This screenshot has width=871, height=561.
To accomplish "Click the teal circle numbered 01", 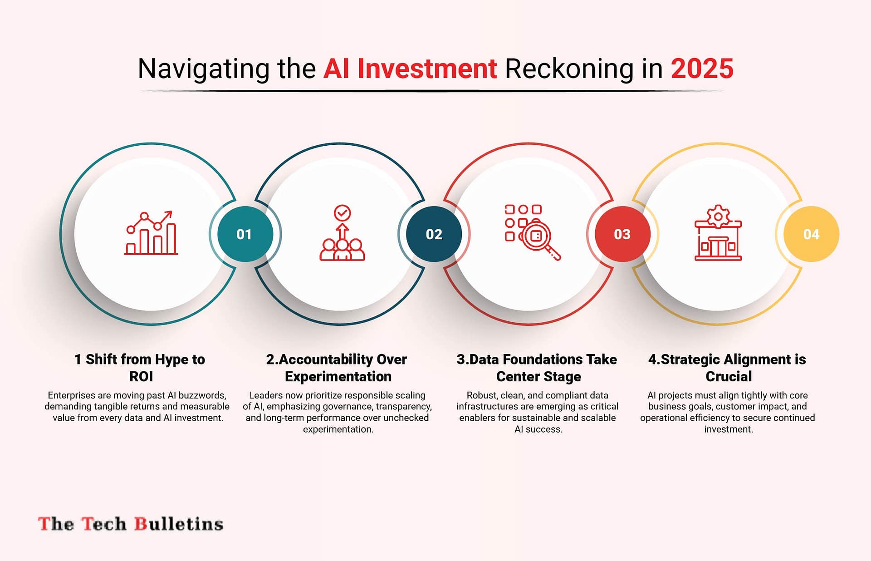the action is click(x=245, y=234).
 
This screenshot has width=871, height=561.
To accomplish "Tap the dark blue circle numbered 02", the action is click(x=434, y=234).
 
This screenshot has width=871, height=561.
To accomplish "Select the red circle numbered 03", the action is click(x=622, y=234).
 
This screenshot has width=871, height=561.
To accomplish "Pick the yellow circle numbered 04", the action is click(x=811, y=234).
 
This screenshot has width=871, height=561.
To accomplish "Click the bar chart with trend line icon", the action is click(x=151, y=232).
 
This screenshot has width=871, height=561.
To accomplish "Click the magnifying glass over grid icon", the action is click(x=533, y=232).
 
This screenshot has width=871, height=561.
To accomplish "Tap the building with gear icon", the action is click(x=718, y=232).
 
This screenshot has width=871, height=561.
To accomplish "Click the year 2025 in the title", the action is click(x=702, y=69).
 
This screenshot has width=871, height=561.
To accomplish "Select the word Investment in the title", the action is click(x=427, y=69).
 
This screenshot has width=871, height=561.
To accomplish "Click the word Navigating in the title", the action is click(x=204, y=69).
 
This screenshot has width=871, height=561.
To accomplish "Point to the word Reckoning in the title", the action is click(x=569, y=69).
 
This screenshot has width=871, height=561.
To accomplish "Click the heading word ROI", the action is click(x=141, y=376).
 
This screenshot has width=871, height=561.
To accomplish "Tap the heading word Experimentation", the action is click(x=338, y=377).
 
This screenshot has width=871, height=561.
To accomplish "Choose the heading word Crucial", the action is click(x=729, y=376).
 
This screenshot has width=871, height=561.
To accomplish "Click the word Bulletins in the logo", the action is click(x=179, y=524).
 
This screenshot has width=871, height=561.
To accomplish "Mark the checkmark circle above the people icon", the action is click(x=342, y=212).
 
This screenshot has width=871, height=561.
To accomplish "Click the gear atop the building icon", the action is click(x=718, y=216).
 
